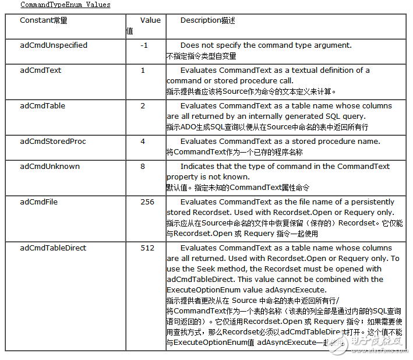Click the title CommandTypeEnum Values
click(x=65, y=5)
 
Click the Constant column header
click(x=44, y=20)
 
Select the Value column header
click(x=150, y=20)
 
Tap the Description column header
click(x=208, y=20)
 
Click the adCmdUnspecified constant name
click(x=54, y=45)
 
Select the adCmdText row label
click(x=40, y=70)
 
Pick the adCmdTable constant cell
click(x=43, y=106)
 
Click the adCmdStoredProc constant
click(x=53, y=142)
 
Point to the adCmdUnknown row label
click(x=50, y=167)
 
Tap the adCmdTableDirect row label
click(x=53, y=248)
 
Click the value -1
click(x=144, y=45)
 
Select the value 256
click(x=147, y=202)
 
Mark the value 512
click(x=147, y=248)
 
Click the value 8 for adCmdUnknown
click(x=143, y=167)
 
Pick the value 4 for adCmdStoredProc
click(x=143, y=142)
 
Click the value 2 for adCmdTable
click(x=143, y=106)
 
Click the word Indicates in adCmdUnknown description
click(x=197, y=167)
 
